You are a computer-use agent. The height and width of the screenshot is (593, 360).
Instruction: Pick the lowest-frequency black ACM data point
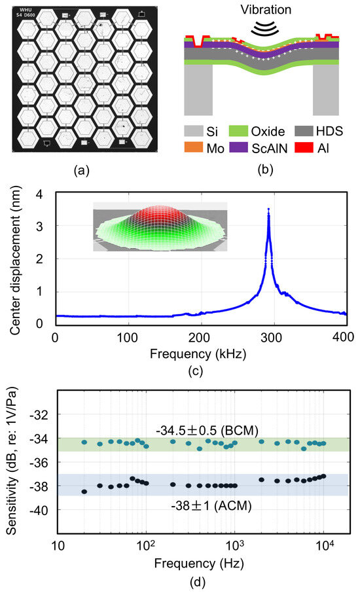coord(84,492)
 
